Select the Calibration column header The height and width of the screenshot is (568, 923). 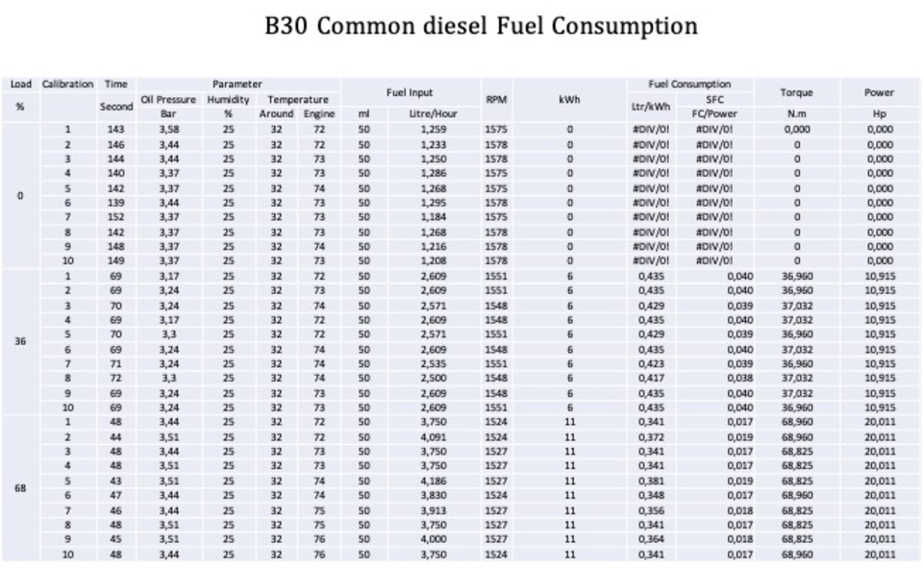tap(67, 85)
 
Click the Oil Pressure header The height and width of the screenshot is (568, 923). tap(168, 99)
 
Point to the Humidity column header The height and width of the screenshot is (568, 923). tap(228, 99)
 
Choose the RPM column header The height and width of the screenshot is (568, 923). tap(496, 98)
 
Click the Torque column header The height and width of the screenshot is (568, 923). tap(796, 92)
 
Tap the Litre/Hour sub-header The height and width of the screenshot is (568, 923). tap(433, 113)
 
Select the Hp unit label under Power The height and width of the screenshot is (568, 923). tap(879, 113)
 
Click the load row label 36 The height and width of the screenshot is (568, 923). tap(20, 341)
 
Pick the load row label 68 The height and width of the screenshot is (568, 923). tap(20, 487)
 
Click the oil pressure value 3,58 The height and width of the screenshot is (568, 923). tap(168, 129)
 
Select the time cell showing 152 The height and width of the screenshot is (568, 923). tap(116, 217)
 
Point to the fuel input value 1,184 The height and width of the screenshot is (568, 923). tap(434, 217)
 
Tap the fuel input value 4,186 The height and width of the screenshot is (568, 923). tap(434, 481)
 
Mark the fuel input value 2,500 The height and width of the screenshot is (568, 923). tap(434, 379)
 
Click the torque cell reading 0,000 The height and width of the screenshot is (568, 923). tap(796, 129)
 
